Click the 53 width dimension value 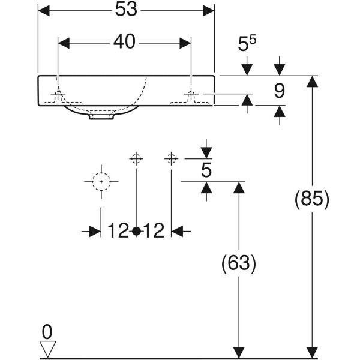coord(126,10)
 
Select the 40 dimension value coord(124,42)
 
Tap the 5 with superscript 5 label coord(247,44)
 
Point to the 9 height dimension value coord(280,91)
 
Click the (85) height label coord(312,199)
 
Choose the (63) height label coord(239,263)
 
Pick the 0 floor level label coord(47,332)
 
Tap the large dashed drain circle coord(101,182)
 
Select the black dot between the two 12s coord(136,231)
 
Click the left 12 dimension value coord(118,230)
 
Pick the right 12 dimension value coord(154,230)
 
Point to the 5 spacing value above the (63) coord(206,170)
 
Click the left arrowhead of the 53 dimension coord(44,11)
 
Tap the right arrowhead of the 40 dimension coord(185,43)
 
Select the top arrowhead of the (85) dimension coord(312,82)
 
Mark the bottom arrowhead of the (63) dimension coord(239,352)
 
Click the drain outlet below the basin coord(101,116)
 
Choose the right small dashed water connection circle coord(171,158)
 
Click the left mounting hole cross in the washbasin coord(58,94)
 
